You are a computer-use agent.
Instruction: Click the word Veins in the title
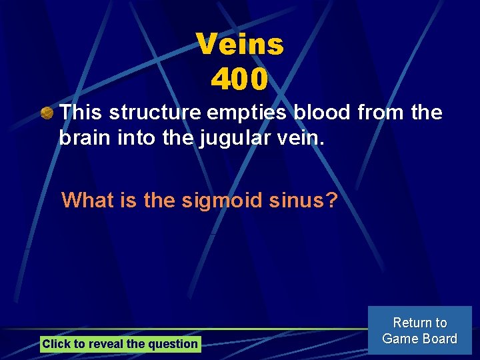pyautogui.click(x=240, y=45)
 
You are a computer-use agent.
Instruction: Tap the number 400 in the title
pyautogui.click(x=240, y=79)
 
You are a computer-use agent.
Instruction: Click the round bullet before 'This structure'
pyautogui.click(x=47, y=114)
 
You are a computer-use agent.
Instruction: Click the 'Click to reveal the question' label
pyautogui.click(x=120, y=344)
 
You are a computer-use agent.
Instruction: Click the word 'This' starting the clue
pyautogui.click(x=81, y=113)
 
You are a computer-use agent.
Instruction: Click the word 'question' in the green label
pyautogui.click(x=175, y=344)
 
